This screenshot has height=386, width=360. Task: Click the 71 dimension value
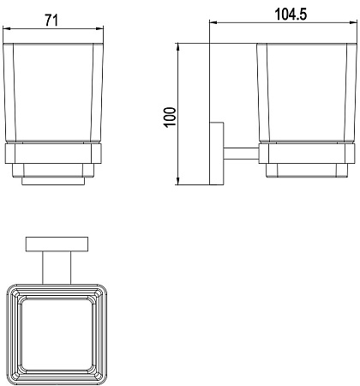[51, 21]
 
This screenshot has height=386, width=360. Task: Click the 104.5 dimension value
[291, 15]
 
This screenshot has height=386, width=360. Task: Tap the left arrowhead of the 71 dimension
[7, 28]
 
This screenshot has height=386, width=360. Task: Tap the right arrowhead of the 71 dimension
[99, 28]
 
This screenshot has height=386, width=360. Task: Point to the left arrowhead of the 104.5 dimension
[213, 22]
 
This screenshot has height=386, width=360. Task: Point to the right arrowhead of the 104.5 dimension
[353, 22]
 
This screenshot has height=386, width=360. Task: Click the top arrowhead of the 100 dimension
[177, 47]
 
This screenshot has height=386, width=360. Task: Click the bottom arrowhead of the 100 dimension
[177, 181]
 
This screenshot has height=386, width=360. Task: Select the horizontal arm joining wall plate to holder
[242, 154]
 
